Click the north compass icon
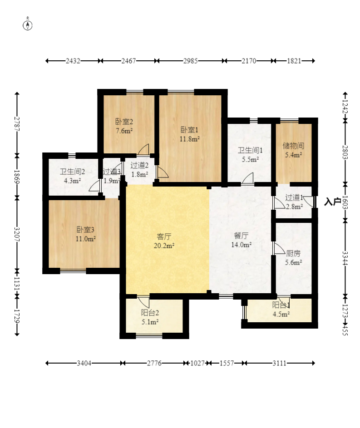[x=28, y=24]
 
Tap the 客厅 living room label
[x=164, y=236]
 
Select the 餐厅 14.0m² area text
[x=241, y=245]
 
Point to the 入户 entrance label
[x=333, y=202]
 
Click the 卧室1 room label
[x=189, y=129]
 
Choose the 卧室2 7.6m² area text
[x=124, y=131]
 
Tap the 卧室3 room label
[x=85, y=230]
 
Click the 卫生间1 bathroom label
[x=250, y=150]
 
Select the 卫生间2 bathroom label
[x=72, y=172]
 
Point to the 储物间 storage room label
[x=293, y=146]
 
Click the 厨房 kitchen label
[x=293, y=253]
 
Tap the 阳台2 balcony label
[x=150, y=313]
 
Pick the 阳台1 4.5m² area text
[x=281, y=314]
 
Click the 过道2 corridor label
[x=139, y=165]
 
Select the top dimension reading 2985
[x=190, y=61]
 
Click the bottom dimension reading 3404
[x=84, y=363]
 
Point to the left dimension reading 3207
[x=17, y=234]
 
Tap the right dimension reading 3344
[x=345, y=258]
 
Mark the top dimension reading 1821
[x=294, y=61]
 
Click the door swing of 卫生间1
[x=247, y=178]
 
